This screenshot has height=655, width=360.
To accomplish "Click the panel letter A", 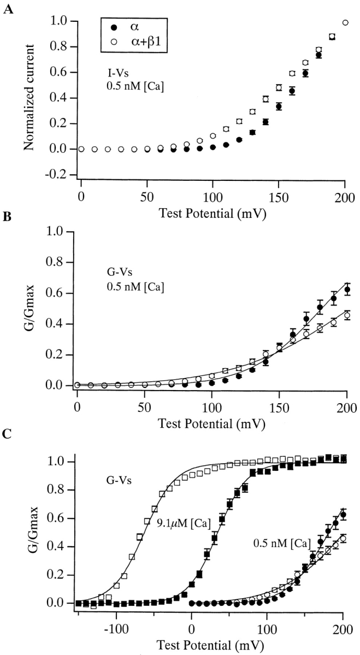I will [x=7, y=9].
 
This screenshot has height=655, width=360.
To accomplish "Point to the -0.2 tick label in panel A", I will [x=60, y=174].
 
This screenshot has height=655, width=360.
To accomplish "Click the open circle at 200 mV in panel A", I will [x=345, y=22].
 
